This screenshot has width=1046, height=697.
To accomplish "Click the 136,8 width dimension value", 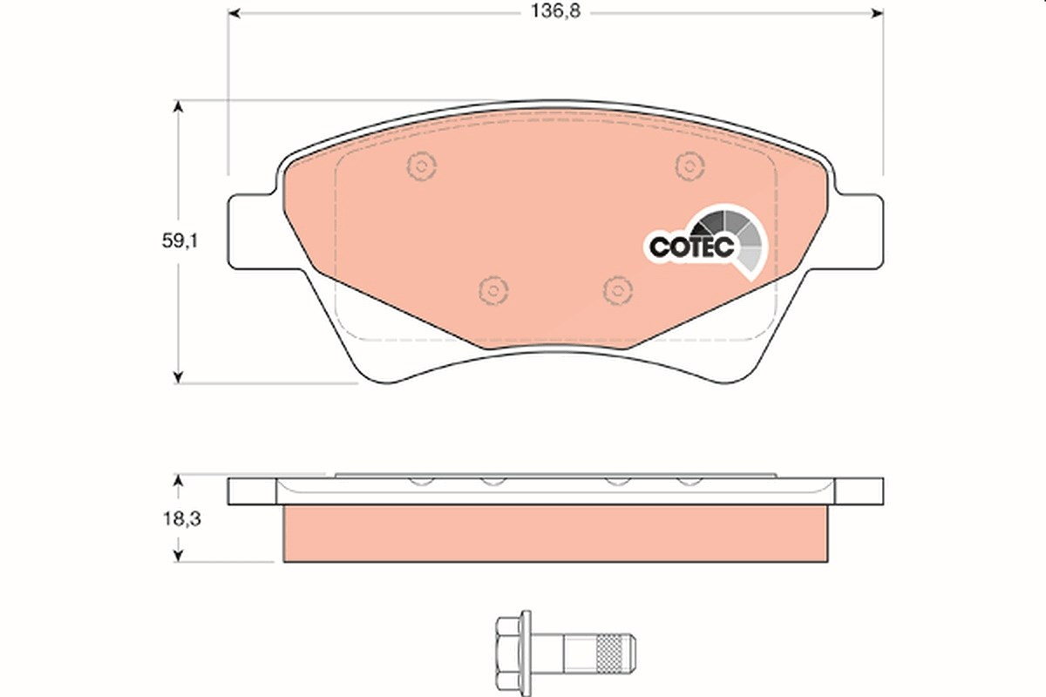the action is (x=555, y=11).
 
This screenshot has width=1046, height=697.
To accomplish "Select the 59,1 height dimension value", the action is (x=180, y=240).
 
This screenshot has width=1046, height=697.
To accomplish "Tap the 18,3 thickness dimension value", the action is (x=181, y=518).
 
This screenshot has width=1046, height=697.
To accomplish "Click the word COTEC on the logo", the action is (x=691, y=247).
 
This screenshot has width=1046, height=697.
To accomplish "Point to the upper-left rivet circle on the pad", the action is (x=421, y=166).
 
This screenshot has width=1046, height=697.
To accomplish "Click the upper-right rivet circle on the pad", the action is (x=689, y=166).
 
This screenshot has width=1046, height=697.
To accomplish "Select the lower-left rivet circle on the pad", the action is (x=493, y=291).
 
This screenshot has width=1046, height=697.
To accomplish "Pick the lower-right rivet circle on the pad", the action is (x=618, y=290).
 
